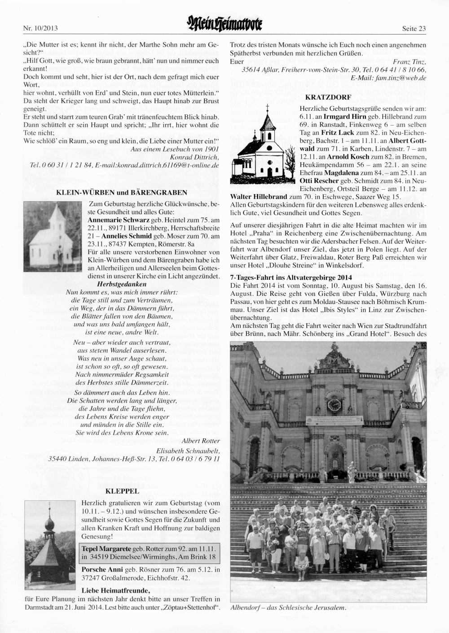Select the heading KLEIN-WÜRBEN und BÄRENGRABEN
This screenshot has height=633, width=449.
[121, 193]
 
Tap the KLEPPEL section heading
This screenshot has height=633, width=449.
[121, 491]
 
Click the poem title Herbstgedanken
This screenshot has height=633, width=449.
[122, 284]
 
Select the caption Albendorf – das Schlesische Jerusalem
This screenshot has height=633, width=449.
[288, 608]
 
